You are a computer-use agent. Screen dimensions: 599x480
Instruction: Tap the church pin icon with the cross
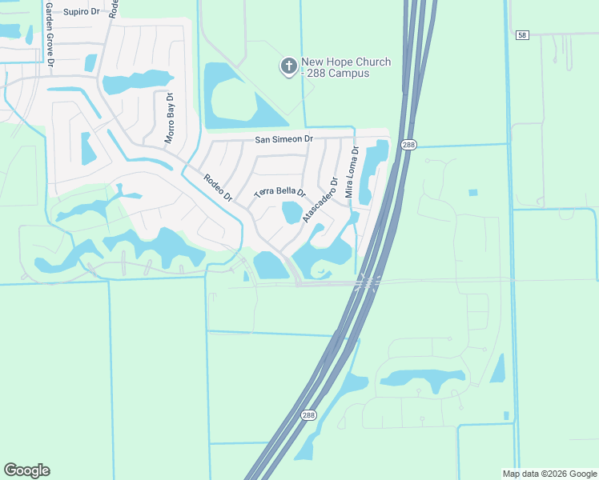288,66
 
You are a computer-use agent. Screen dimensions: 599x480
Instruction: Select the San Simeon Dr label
283,139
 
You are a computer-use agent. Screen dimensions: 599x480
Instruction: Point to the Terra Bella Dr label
280,193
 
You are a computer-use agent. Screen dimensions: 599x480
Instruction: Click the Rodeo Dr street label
217,188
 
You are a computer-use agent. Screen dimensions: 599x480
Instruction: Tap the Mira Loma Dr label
351,172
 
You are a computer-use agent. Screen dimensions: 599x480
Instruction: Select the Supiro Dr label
82,12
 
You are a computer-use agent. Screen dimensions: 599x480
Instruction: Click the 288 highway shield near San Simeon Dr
408,145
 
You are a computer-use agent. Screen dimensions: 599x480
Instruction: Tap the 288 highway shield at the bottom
309,416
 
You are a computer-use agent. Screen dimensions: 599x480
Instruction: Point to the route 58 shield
522,35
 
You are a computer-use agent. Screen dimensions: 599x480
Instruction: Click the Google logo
26,470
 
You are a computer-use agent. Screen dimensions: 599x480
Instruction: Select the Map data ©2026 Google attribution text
550,474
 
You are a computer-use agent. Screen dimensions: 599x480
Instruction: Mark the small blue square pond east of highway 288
472,192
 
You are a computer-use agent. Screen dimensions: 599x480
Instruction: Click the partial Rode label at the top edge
113,8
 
